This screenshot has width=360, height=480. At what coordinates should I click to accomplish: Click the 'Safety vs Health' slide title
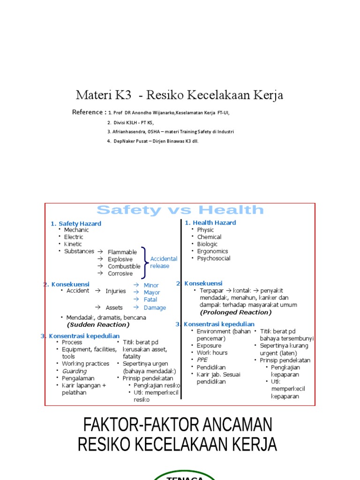coord(180,210)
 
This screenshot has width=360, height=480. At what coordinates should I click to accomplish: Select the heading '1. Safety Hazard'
coord(76,224)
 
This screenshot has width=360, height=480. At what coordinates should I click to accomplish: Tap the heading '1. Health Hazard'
coord(210,223)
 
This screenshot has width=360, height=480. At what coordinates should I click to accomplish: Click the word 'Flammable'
coord(122,252)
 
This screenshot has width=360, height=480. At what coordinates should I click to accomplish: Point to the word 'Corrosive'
coord(120,273)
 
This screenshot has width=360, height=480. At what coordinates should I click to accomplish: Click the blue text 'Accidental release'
coord(163,262)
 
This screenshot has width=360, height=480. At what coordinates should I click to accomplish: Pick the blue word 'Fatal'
coord(150,300)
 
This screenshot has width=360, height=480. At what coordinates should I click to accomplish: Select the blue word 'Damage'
coord(155,307)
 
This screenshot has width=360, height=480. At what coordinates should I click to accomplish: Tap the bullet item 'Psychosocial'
coord(214,258)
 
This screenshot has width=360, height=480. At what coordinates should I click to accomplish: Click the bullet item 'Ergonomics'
coord(212,251)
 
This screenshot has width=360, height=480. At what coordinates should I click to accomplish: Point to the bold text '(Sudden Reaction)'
coord(98,324)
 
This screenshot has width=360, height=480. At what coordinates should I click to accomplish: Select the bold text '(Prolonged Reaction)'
coord(236,312)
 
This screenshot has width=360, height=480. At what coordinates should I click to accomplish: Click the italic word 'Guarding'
coord(75,371)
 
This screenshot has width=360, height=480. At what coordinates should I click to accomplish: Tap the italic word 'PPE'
coord(202,360)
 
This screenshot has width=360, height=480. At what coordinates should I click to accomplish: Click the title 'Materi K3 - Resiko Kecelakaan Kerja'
coord(180,95)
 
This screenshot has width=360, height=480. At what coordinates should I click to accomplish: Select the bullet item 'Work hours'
coord(212,352)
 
